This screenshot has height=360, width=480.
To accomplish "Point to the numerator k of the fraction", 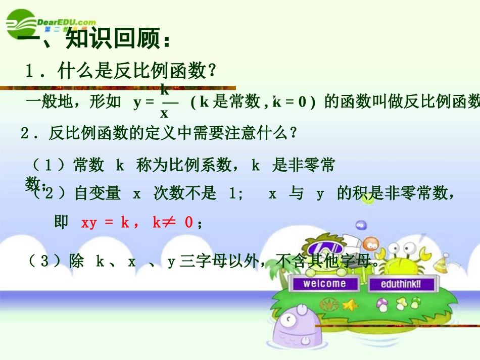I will [x=165, y=90].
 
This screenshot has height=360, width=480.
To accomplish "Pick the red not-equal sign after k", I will [x=170, y=223].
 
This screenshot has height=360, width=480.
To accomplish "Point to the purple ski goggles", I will [x=323, y=247].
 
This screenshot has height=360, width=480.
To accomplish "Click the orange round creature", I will [x=370, y=243].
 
